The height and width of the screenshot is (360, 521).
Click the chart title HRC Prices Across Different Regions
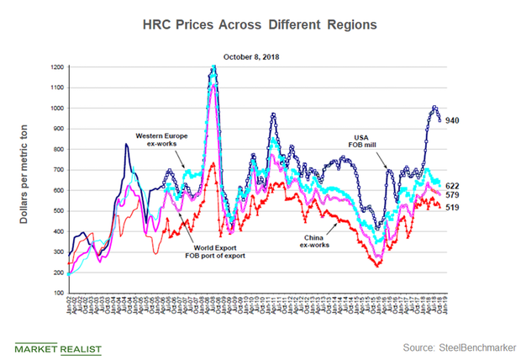260,25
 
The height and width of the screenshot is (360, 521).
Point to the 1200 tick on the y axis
56,66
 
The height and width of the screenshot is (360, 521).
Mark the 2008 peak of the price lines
214,67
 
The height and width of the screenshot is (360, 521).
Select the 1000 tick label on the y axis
56,108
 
